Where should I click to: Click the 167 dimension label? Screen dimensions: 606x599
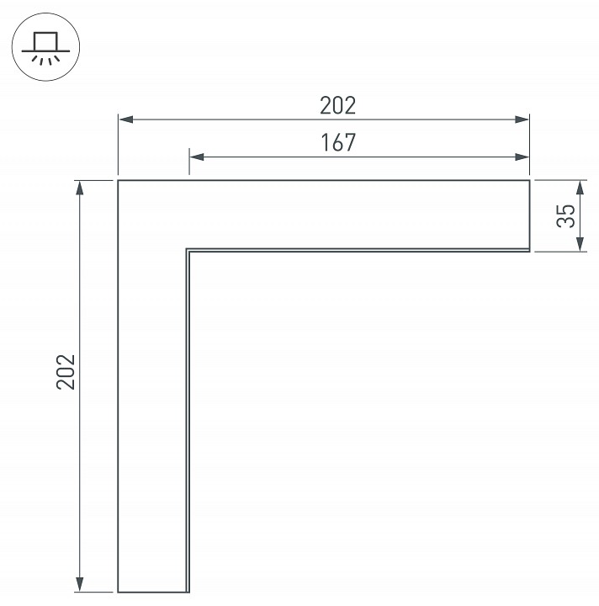coord(338,142)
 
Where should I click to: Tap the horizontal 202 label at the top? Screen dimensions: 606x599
coord(338,106)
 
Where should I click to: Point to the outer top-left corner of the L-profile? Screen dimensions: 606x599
coord(118,180)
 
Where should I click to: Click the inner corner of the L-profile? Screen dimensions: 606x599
coord(187,250)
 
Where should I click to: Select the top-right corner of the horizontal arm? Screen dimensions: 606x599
coord(530,180)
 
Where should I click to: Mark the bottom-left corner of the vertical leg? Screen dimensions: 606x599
coord(118,592)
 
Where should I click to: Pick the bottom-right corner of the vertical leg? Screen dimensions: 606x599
coord(187,592)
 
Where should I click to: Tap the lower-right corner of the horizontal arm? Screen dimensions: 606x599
coord(530,251)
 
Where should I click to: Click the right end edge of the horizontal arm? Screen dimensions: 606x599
coord(530,215)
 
